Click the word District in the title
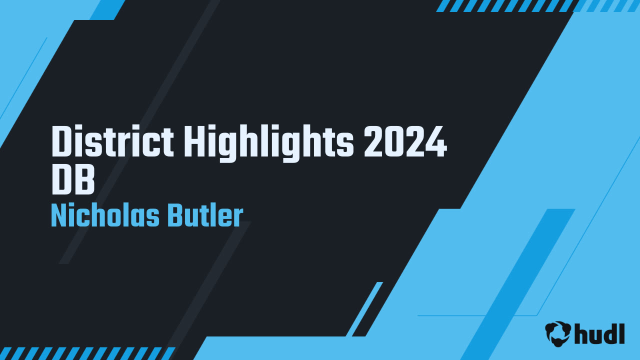click(113, 142)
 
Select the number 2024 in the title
click(405, 142)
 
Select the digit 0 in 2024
click(395, 142)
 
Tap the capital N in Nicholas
click(60, 216)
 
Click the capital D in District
click(62, 142)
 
